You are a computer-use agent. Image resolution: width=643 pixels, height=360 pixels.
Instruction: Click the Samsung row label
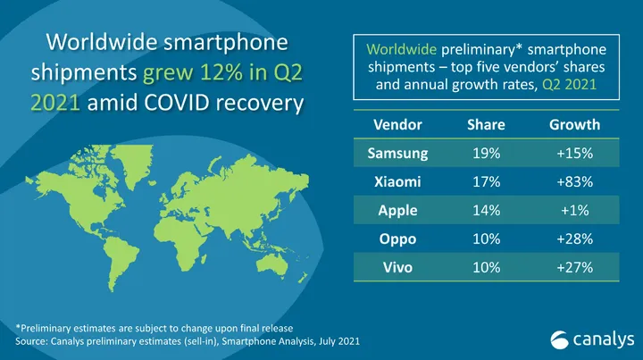pos(398,153)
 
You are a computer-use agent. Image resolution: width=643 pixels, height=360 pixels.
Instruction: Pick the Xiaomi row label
pos(398,181)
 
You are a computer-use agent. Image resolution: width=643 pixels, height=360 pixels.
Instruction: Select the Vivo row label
pos(398,267)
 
